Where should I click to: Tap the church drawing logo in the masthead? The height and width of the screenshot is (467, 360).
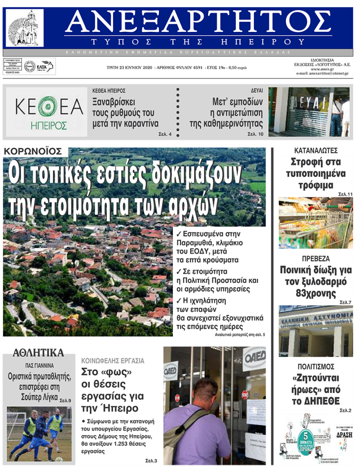24,27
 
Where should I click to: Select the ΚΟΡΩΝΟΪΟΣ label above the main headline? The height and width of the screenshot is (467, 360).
35,152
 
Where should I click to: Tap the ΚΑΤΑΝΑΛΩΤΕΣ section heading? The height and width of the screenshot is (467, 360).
316,151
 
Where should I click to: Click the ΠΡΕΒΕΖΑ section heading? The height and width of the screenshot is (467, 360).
316,259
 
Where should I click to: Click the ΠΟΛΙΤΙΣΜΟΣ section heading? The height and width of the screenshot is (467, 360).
316,367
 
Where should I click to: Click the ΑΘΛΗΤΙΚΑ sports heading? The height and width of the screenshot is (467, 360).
38,353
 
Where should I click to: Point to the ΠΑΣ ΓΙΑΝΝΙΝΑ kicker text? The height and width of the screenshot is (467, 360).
39,366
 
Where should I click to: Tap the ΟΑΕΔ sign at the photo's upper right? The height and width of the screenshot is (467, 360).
254,358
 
